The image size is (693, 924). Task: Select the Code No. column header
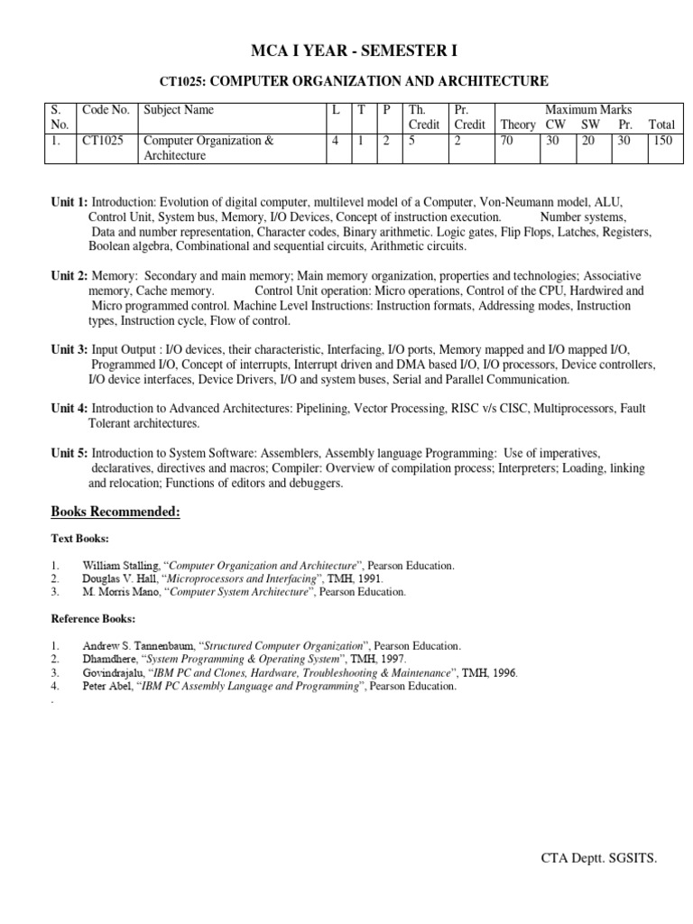(x=106, y=110)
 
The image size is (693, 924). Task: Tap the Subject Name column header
(x=179, y=110)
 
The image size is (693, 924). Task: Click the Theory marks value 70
(x=507, y=141)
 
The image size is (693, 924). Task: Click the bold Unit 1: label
(x=69, y=203)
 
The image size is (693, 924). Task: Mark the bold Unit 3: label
(x=69, y=349)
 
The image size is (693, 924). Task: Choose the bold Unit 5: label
(x=69, y=452)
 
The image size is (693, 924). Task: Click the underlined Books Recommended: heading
(x=115, y=513)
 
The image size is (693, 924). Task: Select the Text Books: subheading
(x=79, y=539)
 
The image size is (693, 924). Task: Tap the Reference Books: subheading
(x=93, y=619)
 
